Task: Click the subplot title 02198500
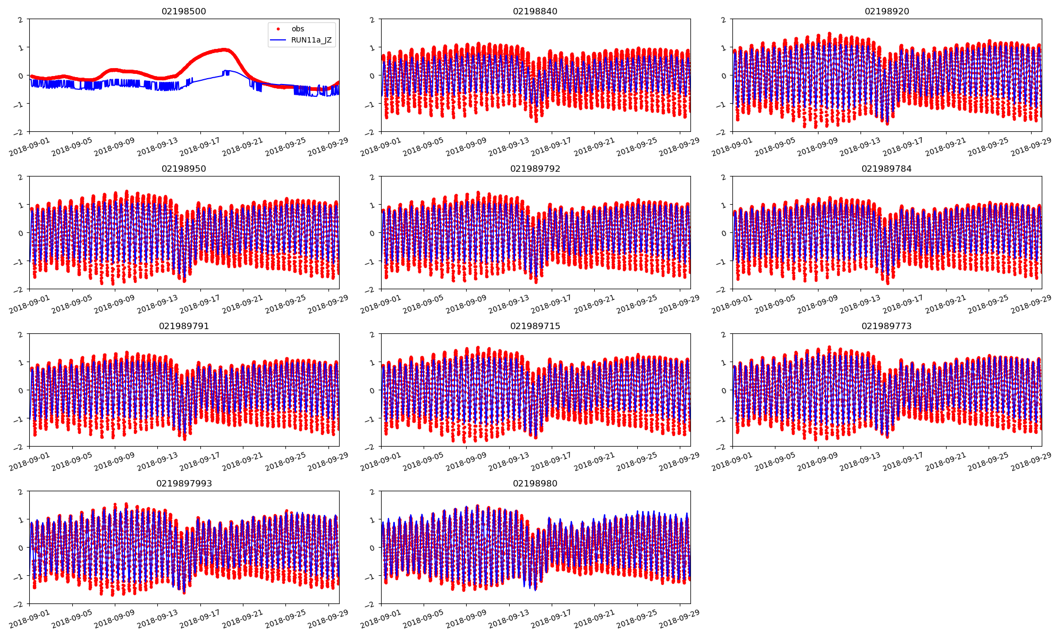184,12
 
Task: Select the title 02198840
535,12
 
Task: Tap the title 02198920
887,12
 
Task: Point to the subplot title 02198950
184,169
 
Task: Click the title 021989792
535,169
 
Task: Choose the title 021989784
887,169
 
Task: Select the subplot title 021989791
184,326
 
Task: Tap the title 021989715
535,326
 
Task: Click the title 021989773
887,326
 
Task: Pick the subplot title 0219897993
184,484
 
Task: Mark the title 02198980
535,484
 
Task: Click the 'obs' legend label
298,29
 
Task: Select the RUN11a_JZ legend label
311,40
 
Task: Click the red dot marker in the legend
278,29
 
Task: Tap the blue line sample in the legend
278,40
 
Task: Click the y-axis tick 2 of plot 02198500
21,20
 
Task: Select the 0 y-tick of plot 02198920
723,75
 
